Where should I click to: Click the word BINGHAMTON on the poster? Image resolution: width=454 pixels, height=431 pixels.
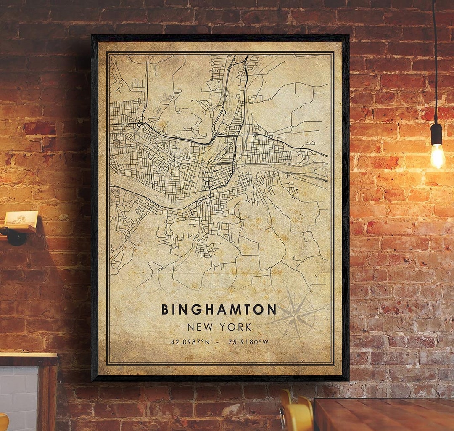point(219,309)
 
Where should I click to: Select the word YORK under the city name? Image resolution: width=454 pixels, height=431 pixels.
point(238,327)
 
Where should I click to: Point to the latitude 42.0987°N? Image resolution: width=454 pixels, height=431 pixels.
point(190,342)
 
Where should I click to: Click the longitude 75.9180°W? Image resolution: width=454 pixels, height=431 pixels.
point(248,342)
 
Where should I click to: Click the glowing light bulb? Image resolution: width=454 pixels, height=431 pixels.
point(437,156)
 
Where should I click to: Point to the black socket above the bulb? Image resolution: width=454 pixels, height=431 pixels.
point(436,134)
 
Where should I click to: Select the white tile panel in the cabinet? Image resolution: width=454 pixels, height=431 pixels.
point(19,397)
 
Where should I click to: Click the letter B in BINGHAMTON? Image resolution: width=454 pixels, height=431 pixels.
point(165,309)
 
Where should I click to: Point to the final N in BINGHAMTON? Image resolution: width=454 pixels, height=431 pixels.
point(272,309)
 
